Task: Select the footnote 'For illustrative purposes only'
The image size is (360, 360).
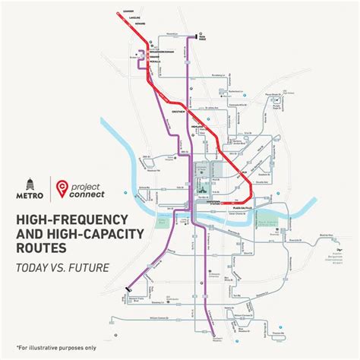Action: pyautogui.click(x=49, y=352)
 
